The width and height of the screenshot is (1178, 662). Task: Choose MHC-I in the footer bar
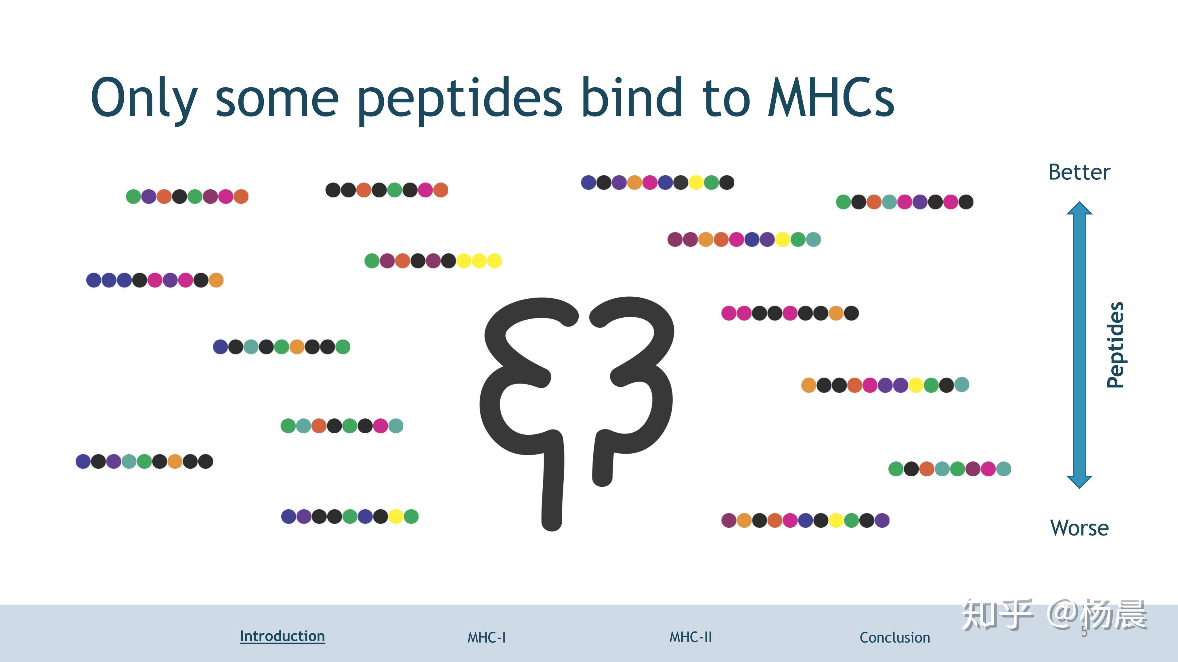click(x=487, y=637)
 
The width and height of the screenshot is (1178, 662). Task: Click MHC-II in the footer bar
click(x=691, y=637)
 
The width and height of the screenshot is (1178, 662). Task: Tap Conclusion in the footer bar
click(x=895, y=637)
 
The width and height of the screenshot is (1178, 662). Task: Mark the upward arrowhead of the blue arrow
click(x=1080, y=208)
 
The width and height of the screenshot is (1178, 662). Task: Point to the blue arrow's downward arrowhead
click(x=1080, y=482)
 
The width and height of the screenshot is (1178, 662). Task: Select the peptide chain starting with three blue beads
click(x=154, y=280)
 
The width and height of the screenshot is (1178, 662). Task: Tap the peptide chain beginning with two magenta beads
click(x=790, y=313)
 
